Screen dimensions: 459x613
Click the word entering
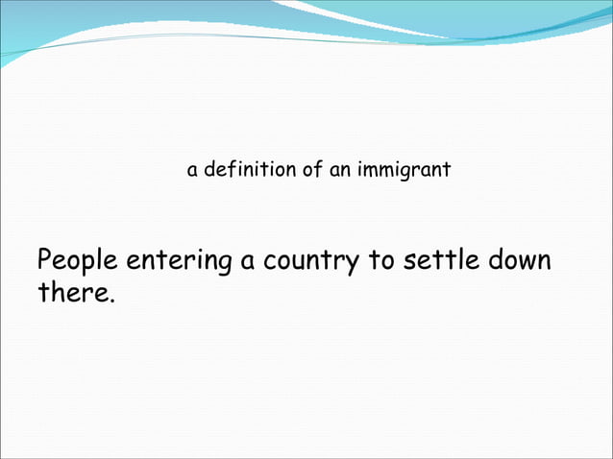tap(178, 261)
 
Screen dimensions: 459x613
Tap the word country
tap(308, 261)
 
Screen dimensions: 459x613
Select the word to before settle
tap(381, 260)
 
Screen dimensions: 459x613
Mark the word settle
tap(442, 260)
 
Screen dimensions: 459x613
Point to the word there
tap(72, 291)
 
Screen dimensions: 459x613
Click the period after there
tap(111, 298)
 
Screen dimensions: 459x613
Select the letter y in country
tap(350, 265)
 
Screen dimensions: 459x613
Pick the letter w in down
tap(526, 262)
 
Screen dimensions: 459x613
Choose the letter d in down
tap(496, 260)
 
